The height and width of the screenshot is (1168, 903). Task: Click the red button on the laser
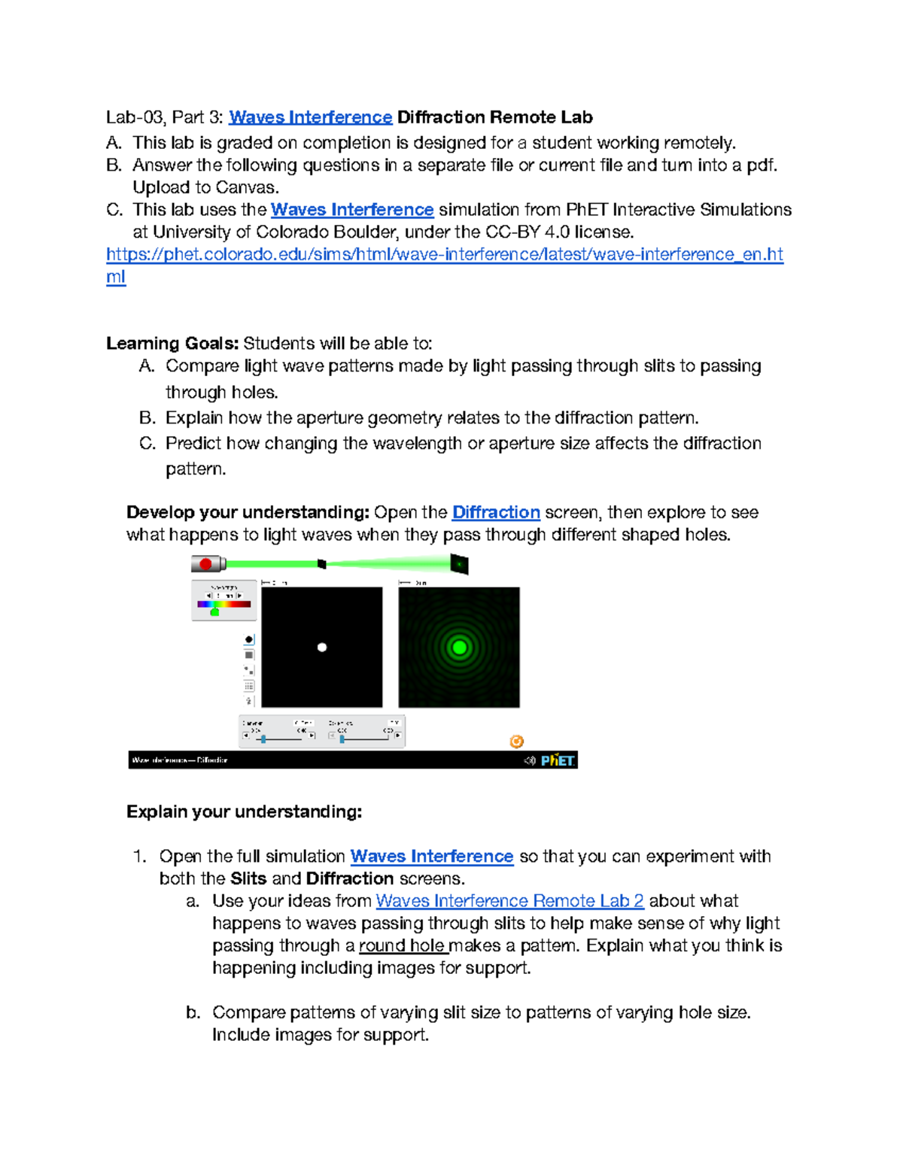(x=205, y=563)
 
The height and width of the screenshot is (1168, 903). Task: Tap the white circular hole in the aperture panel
(x=322, y=647)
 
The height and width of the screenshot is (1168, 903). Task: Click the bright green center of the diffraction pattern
(x=459, y=647)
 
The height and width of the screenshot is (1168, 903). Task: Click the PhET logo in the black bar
(x=558, y=760)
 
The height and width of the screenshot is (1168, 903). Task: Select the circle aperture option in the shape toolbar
(x=249, y=639)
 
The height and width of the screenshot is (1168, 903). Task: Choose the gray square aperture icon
(x=249, y=655)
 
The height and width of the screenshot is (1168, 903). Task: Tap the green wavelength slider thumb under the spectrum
(x=214, y=612)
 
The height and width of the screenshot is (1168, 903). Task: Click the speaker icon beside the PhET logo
(x=530, y=760)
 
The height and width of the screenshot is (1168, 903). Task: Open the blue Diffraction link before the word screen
(x=496, y=512)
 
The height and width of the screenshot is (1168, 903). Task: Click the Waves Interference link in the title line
(x=310, y=117)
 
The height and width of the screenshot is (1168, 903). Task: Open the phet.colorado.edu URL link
(x=444, y=254)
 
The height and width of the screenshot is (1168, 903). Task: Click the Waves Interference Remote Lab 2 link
(x=509, y=900)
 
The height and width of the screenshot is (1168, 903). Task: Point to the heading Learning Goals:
(x=172, y=344)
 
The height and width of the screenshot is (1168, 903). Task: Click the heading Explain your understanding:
(x=244, y=812)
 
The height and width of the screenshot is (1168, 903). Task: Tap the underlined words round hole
(x=402, y=945)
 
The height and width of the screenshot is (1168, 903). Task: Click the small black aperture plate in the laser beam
(x=322, y=563)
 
